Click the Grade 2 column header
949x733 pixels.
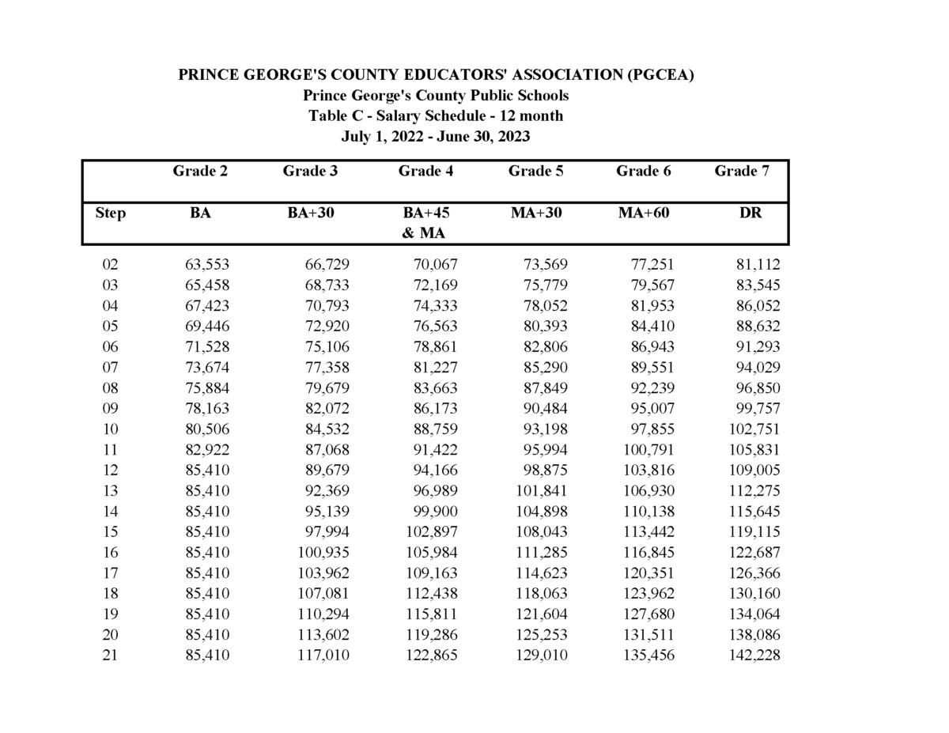coord(200,171)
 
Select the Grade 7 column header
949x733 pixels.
coord(741,171)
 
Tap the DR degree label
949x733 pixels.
coord(751,213)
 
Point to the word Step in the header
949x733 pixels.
coord(110,213)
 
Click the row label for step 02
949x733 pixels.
coord(110,265)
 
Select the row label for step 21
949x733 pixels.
coord(110,656)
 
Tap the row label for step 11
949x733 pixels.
coord(110,450)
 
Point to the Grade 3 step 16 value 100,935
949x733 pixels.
coord(323,553)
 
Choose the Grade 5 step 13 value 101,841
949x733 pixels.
coord(541,491)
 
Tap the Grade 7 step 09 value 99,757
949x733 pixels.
coord(757,409)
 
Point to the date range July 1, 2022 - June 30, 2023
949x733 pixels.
coord(435,137)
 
